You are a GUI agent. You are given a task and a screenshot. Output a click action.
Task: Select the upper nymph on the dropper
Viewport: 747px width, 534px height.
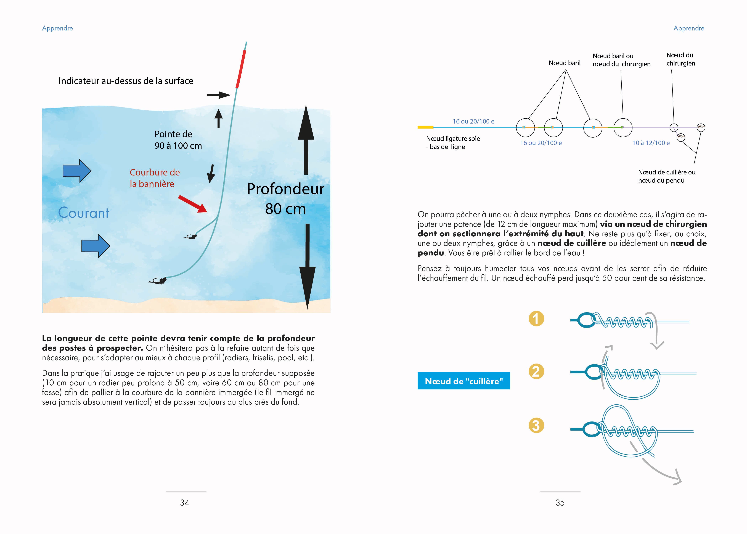[x=192, y=236]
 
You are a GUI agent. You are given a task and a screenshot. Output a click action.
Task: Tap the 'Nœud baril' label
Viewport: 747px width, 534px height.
[x=564, y=63]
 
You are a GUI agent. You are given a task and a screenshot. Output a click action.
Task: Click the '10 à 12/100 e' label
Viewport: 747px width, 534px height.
[x=651, y=143]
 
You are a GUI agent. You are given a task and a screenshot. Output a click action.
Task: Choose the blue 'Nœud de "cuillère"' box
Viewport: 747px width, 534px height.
[x=463, y=381]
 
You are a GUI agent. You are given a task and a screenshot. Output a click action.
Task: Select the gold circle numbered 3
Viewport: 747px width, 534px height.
[x=536, y=425]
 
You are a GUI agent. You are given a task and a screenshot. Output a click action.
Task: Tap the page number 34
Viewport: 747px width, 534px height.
[x=185, y=502]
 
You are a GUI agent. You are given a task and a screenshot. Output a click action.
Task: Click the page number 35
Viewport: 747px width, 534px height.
[x=560, y=502]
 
